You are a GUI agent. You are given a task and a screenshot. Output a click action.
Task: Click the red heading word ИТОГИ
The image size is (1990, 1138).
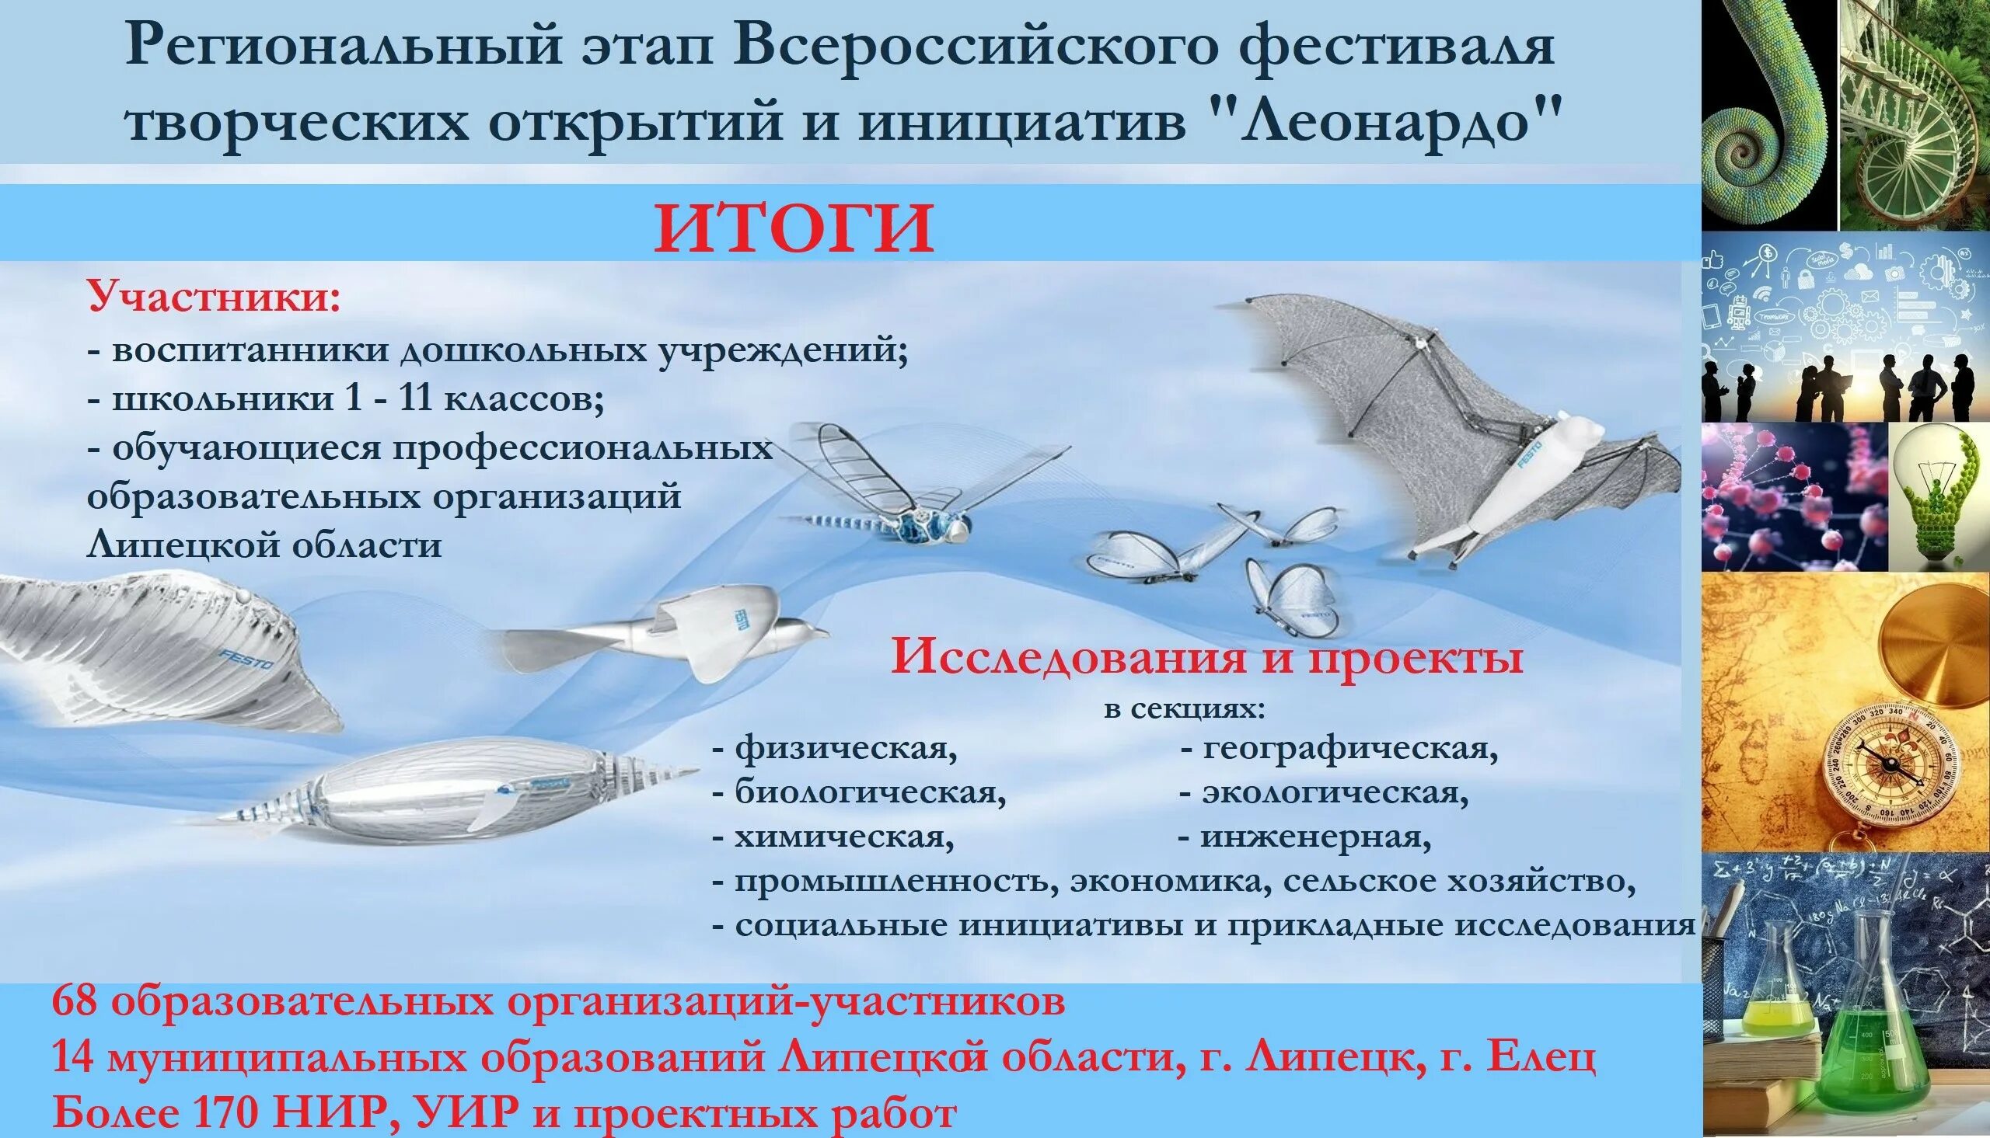[x=794, y=228]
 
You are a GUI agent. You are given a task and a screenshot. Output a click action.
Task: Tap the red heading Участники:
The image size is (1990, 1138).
[x=214, y=297]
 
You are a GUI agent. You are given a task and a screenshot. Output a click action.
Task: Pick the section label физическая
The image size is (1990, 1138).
[x=844, y=749]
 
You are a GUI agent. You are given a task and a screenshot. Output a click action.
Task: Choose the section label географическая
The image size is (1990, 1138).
[x=1349, y=749]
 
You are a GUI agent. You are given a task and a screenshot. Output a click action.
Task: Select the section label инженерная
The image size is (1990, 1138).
[x=1315, y=838]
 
